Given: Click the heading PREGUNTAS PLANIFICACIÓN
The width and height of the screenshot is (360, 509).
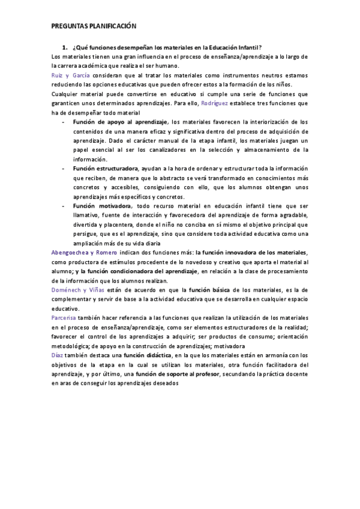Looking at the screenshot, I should click(x=94, y=26).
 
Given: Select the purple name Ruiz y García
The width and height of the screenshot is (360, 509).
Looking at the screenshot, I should click(x=71, y=76).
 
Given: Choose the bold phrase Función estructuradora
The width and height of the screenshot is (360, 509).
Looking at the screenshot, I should click(x=106, y=169).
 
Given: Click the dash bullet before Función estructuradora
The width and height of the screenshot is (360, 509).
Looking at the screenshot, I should click(x=64, y=169).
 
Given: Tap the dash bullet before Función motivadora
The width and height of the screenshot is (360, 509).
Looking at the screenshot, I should click(x=64, y=206).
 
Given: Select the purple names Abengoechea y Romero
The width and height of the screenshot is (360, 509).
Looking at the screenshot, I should click(x=85, y=253).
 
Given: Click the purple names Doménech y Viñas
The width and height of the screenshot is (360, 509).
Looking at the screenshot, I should click(x=80, y=290).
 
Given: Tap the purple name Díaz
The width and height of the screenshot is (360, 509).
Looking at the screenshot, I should click(x=58, y=355).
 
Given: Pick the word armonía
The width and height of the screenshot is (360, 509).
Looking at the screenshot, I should click(x=276, y=355).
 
